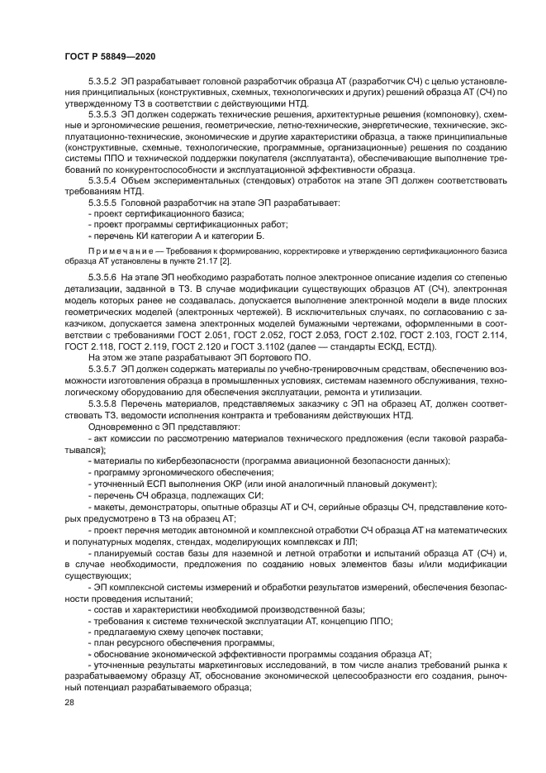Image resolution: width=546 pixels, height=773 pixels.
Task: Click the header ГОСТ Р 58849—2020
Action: pos(110,55)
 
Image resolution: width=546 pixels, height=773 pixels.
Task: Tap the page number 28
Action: pos(68,701)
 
